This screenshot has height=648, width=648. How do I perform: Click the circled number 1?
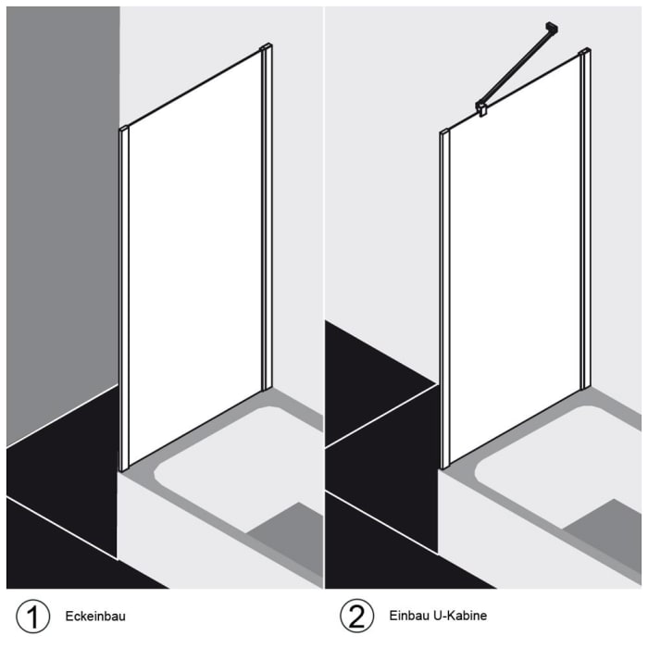[31, 616]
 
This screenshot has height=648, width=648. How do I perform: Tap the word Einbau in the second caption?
[408, 616]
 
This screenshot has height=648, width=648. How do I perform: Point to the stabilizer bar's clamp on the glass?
[482, 108]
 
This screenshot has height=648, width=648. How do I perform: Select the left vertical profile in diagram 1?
[123, 296]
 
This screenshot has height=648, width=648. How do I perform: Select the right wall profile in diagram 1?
[267, 218]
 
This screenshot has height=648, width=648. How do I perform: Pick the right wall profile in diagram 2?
[584, 218]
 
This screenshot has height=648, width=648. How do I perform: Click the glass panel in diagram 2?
[514, 268]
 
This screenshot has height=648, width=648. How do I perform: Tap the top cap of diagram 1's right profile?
[267, 47]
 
